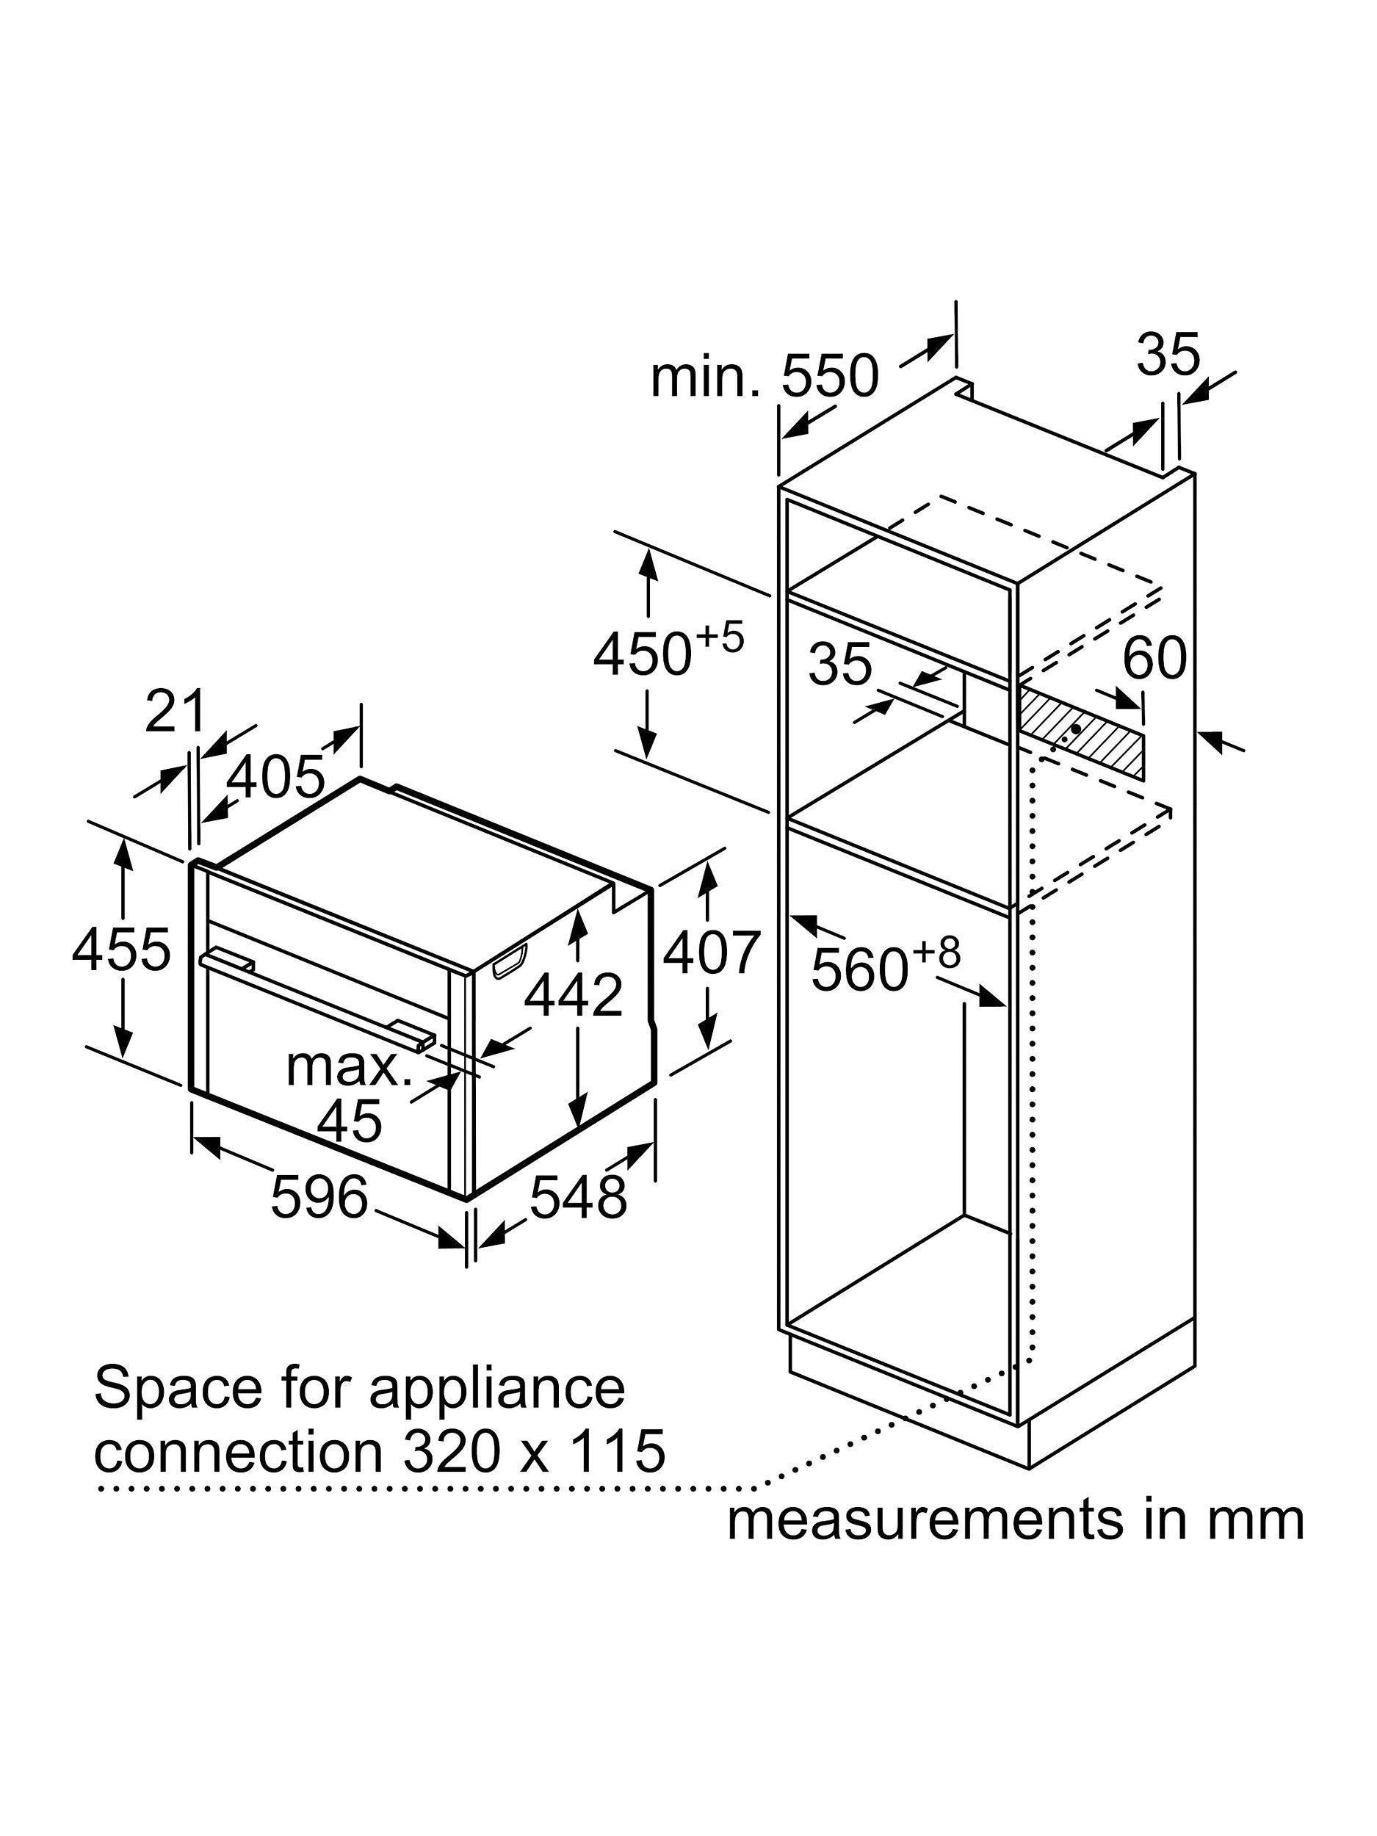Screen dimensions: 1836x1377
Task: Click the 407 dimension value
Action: point(712,952)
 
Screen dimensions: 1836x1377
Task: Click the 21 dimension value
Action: point(174,712)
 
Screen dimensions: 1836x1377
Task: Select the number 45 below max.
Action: point(350,1119)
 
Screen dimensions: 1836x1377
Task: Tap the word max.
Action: point(349,1066)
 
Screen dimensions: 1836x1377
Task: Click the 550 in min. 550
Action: point(829,376)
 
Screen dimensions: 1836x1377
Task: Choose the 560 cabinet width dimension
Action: point(860,969)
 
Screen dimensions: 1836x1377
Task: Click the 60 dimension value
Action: point(1154,658)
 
